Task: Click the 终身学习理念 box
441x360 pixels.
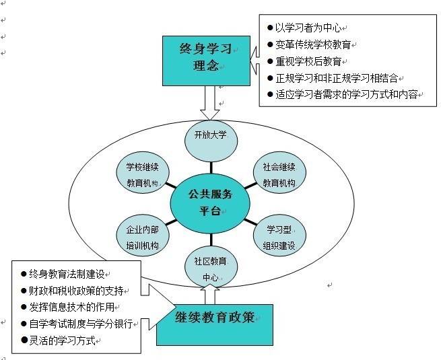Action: coord(206,61)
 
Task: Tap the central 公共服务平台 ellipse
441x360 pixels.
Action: coord(210,203)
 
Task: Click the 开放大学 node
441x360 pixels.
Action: coord(211,141)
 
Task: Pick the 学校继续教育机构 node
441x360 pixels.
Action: coord(143,172)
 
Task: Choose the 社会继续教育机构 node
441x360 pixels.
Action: coord(279,172)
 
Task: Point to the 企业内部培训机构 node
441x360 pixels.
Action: coord(143,236)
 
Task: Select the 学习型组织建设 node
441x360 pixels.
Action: coord(279,236)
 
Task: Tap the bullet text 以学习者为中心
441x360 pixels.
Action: coord(308,28)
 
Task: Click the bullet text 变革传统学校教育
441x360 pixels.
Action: coord(313,44)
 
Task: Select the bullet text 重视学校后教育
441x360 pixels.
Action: coord(308,61)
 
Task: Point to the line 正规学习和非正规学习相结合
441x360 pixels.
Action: coord(337,78)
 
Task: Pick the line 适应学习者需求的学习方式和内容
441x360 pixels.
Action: coord(346,94)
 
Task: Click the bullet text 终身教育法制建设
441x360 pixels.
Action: coord(67,274)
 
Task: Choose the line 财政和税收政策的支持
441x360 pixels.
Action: coord(76,291)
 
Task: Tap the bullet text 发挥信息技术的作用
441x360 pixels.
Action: coord(72,307)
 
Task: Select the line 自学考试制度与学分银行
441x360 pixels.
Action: coord(81,324)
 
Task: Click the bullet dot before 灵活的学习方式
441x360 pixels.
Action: coord(24,340)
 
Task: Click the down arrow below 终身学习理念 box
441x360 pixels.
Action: coord(210,103)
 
